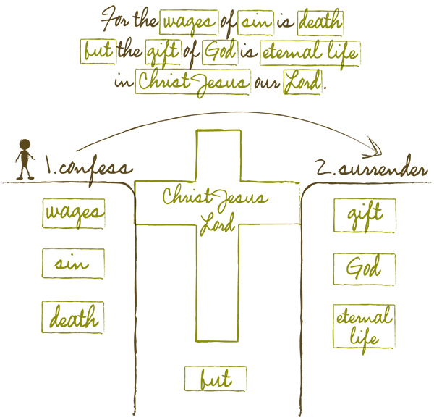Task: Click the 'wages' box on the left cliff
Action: [74, 214]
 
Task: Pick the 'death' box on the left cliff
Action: [74, 317]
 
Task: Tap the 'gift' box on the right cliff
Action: [365, 216]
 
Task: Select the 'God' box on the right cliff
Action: [365, 269]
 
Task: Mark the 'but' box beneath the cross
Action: [216, 379]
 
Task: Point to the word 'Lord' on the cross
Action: [216, 219]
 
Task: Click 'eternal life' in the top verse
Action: [316, 51]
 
